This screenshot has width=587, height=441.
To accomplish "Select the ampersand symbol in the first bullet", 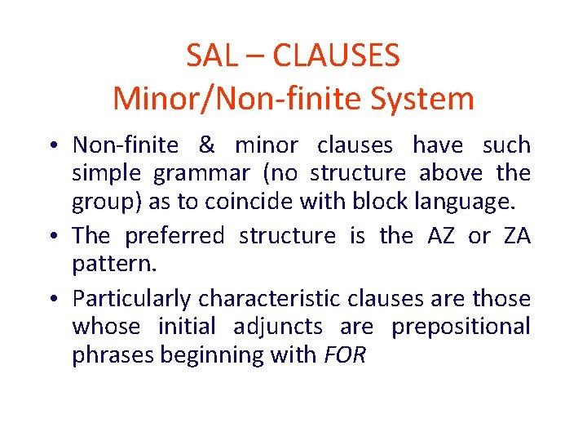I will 206,145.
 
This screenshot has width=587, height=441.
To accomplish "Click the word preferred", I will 174,236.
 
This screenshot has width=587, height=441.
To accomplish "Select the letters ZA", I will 517,236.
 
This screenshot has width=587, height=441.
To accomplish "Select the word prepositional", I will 461,327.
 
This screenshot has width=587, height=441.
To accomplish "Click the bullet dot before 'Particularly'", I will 53,300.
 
